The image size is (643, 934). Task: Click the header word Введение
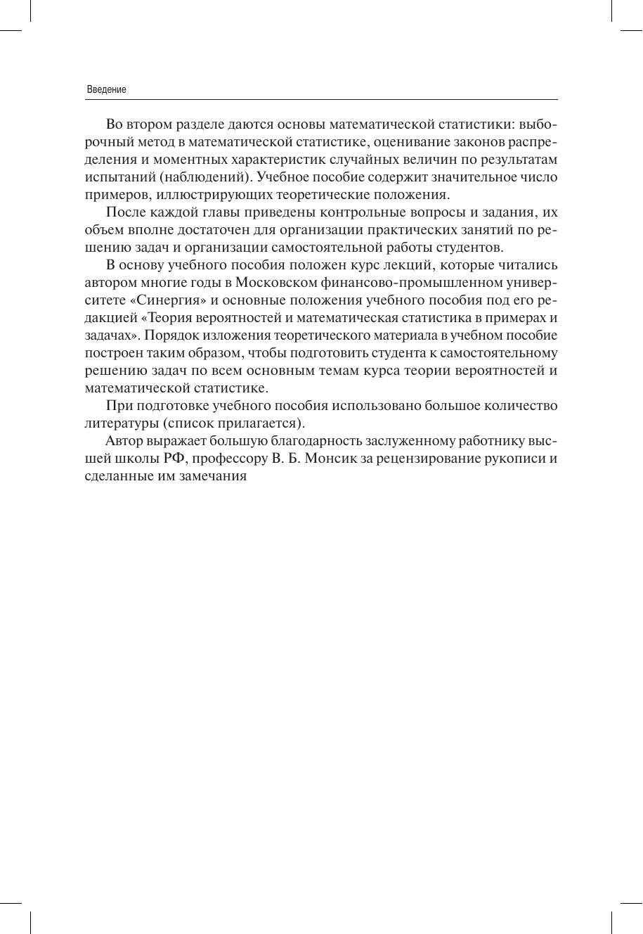pyautogui.click(x=106, y=90)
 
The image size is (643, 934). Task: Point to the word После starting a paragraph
pyautogui.click(x=125, y=212)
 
